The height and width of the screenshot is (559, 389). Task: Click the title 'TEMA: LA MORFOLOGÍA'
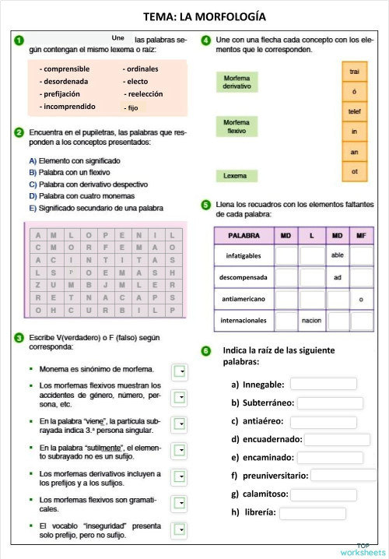point(194,16)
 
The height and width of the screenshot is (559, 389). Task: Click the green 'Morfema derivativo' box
point(237,83)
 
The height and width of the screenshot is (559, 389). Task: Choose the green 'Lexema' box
point(237,176)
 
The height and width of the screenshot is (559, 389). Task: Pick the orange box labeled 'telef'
point(354,111)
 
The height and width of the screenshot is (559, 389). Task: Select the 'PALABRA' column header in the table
point(244,234)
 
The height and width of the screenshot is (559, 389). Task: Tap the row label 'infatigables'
point(244,255)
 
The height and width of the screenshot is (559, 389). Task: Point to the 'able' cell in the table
point(338,255)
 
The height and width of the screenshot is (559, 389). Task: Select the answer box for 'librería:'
point(312,513)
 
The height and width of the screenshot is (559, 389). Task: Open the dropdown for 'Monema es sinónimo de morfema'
point(180,371)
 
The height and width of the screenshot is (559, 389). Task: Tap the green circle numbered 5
point(205,205)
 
